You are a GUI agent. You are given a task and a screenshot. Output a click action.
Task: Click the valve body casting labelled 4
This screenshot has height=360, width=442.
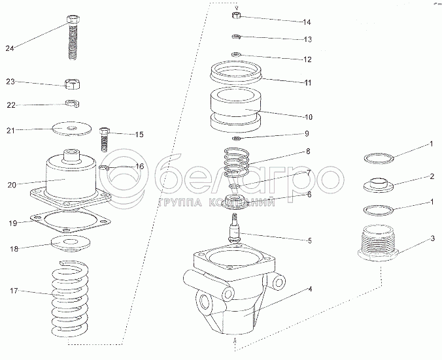tap(235, 287)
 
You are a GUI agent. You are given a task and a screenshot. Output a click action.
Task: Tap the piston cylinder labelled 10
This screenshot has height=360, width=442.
tap(235, 110)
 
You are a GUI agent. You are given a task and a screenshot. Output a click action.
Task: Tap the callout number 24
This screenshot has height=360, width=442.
tap(10, 47)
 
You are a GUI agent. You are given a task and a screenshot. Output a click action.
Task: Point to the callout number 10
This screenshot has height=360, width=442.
tap(308, 118)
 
